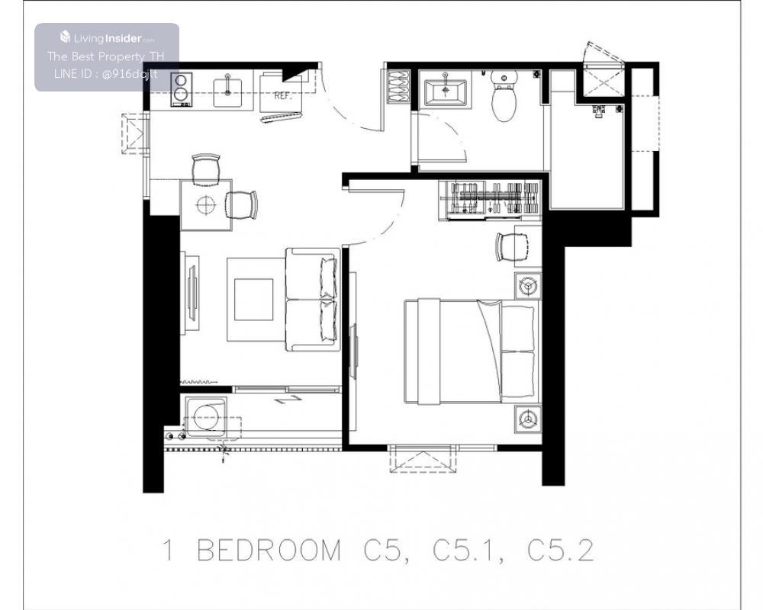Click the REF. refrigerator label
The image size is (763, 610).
pyautogui.click(x=283, y=96)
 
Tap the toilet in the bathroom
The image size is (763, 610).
pyautogui.click(x=504, y=96)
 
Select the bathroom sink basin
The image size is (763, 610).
pyautogui.click(x=446, y=92)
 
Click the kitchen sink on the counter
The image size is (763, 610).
pyautogui.click(x=227, y=92)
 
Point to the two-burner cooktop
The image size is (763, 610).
pyautogui.click(x=181, y=89)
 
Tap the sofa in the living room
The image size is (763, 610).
pyautogui.click(x=312, y=299)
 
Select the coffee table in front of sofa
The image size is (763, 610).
pyautogui.click(x=253, y=300)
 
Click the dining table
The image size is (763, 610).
pyautogui.click(x=206, y=205)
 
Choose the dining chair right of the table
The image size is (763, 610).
pyautogui.click(x=241, y=205)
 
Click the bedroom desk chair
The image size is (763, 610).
pyautogui.click(x=512, y=247)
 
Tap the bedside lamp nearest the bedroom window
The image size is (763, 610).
pyautogui.click(x=528, y=419)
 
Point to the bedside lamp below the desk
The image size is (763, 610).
pyautogui.click(x=528, y=285)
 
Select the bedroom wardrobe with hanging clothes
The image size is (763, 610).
pyautogui.click(x=490, y=200)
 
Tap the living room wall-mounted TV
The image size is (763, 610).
pyautogui.click(x=193, y=293)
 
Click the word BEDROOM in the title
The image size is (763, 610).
pyautogui.click(x=269, y=551)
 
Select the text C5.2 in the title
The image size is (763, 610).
pyautogui.click(x=561, y=551)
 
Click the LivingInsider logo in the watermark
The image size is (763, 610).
pyautogui.click(x=107, y=37)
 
